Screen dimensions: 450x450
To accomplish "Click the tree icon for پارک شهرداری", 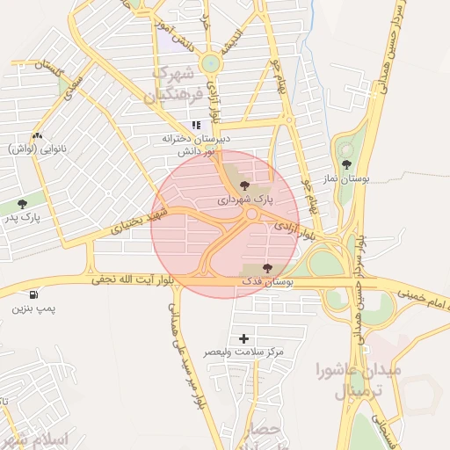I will pyautogui.click(x=244, y=185).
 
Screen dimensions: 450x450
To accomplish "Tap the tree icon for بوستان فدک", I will pyautogui.click(x=268, y=268).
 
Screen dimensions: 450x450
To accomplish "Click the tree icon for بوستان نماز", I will pyautogui.click(x=346, y=163).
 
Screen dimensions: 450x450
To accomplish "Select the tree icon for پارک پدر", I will pyautogui.click(x=22, y=204).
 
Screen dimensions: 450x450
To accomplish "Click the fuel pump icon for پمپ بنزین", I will pyautogui.click(x=33, y=295).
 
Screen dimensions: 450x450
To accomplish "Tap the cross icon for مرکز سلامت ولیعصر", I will pyautogui.click(x=243, y=338).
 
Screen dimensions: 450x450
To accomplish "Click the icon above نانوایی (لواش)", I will pyautogui.click(x=37, y=135).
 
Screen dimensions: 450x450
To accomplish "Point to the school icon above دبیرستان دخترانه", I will pyautogui.click(x=196, y=126).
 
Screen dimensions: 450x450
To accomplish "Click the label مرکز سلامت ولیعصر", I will pyautogui.click(x=243, y=352).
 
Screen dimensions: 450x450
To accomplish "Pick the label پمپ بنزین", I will pyautogui.click(x=32, y=309).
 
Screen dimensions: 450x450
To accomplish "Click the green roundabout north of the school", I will pyautogui.click(x=210, y=63).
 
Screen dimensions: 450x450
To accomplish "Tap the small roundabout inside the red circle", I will pyautogui.click(x=251, y=214).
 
